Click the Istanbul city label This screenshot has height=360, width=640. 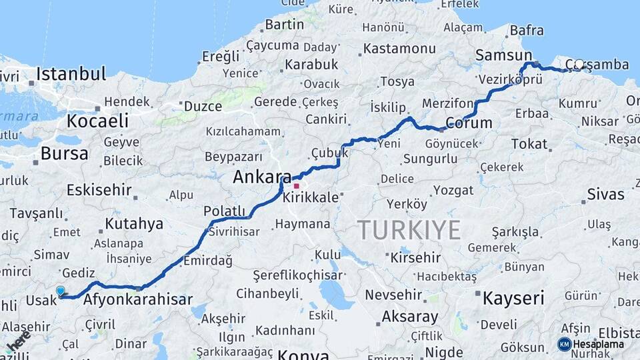(71, 73)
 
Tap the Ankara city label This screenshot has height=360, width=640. (262, 178)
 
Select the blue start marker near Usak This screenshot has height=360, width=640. (61, 291)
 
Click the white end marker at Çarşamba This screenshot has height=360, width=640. (579, 65)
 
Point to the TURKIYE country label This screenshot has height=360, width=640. (409, 230)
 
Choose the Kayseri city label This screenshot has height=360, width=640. (513, 297)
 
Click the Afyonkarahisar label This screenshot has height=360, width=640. (138, 299)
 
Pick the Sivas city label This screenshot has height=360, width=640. (606, 195)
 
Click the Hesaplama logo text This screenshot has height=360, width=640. (599, 344)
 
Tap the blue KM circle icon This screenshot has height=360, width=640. (565, 344)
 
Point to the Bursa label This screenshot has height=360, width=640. (64, 153)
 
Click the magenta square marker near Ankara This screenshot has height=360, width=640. (296, 186)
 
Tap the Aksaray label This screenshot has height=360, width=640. (410, 317)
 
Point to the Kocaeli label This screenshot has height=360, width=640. (97, 121)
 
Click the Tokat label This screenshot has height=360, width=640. (529, 144)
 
